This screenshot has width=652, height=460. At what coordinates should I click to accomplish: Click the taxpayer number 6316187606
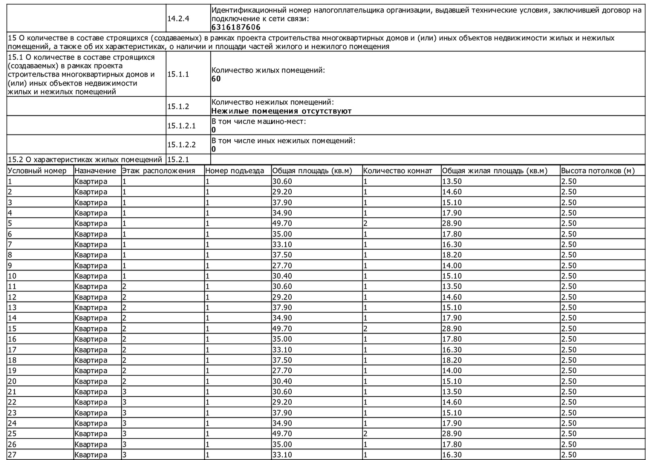pos(236,27)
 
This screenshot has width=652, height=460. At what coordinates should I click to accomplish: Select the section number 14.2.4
pos(178,19)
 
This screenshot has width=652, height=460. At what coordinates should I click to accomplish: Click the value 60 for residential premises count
pos(216,79)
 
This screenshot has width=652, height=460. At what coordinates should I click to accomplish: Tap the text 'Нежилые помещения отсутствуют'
pos(281,111)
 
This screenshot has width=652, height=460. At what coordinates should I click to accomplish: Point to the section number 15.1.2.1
pos(181,126)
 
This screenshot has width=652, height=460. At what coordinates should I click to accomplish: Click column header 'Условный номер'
pos(38,171)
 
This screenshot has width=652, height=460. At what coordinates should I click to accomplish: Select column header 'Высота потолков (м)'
pos(598,171)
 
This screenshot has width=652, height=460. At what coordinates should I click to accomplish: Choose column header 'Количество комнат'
pos(397,171)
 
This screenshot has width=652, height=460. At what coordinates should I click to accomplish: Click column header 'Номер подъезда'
pos(235,171)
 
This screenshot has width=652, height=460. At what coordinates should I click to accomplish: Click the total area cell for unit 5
pos(282,223)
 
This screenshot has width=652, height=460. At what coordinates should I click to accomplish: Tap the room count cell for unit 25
pos(365,434)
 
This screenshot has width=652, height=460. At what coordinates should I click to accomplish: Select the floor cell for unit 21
pos(125,391)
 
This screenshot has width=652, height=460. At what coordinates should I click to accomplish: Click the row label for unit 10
pos(12,276)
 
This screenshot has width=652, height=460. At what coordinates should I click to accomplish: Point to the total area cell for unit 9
pos(282,265)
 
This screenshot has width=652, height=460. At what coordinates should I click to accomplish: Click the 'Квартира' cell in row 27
pos(91,454)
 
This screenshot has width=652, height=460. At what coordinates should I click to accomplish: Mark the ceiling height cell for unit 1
pos(569,181)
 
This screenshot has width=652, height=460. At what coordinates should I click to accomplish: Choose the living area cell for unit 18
pos(452,360)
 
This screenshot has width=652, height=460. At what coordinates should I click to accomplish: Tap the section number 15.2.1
pos(178,160)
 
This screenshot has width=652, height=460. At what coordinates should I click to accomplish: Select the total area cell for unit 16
pos(282,339)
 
